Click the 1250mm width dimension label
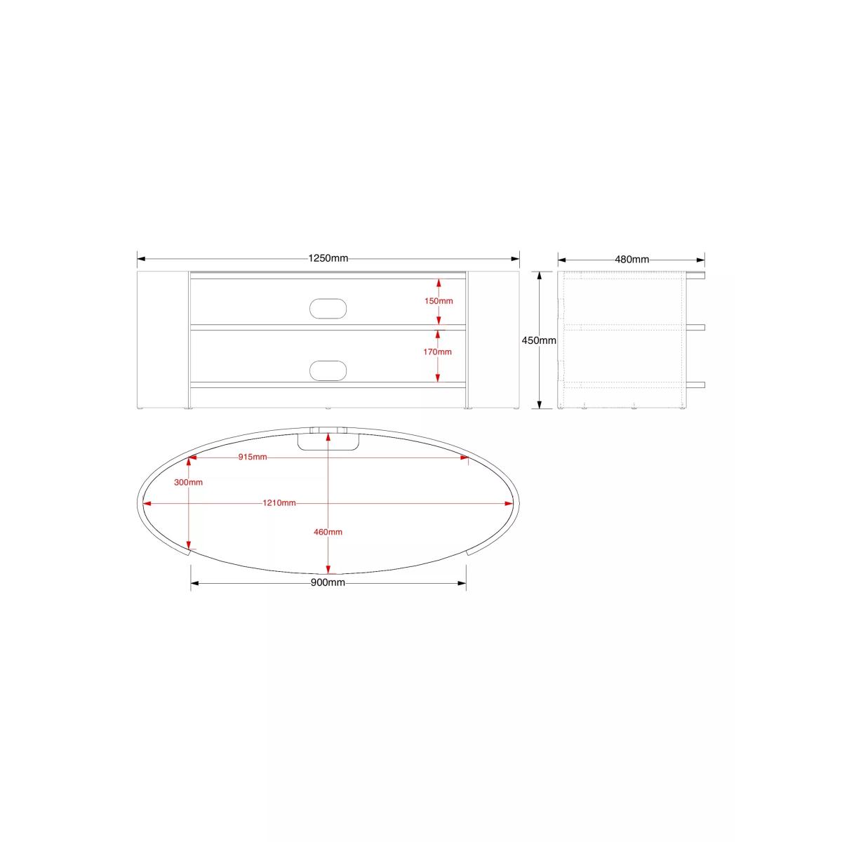click(x=328, y=258)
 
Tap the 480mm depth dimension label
click(x=631, y=260)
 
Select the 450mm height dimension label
click(x=539, y=340)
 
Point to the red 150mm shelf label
click(x=439, y=301)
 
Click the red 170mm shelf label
click(x=437, y=352)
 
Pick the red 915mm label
click(x=253, y=457)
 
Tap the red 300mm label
click(x=188, y=482)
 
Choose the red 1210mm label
click(x=279, y=503)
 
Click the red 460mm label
click(x=328, y=532)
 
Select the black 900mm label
click(x=328, y=582)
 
